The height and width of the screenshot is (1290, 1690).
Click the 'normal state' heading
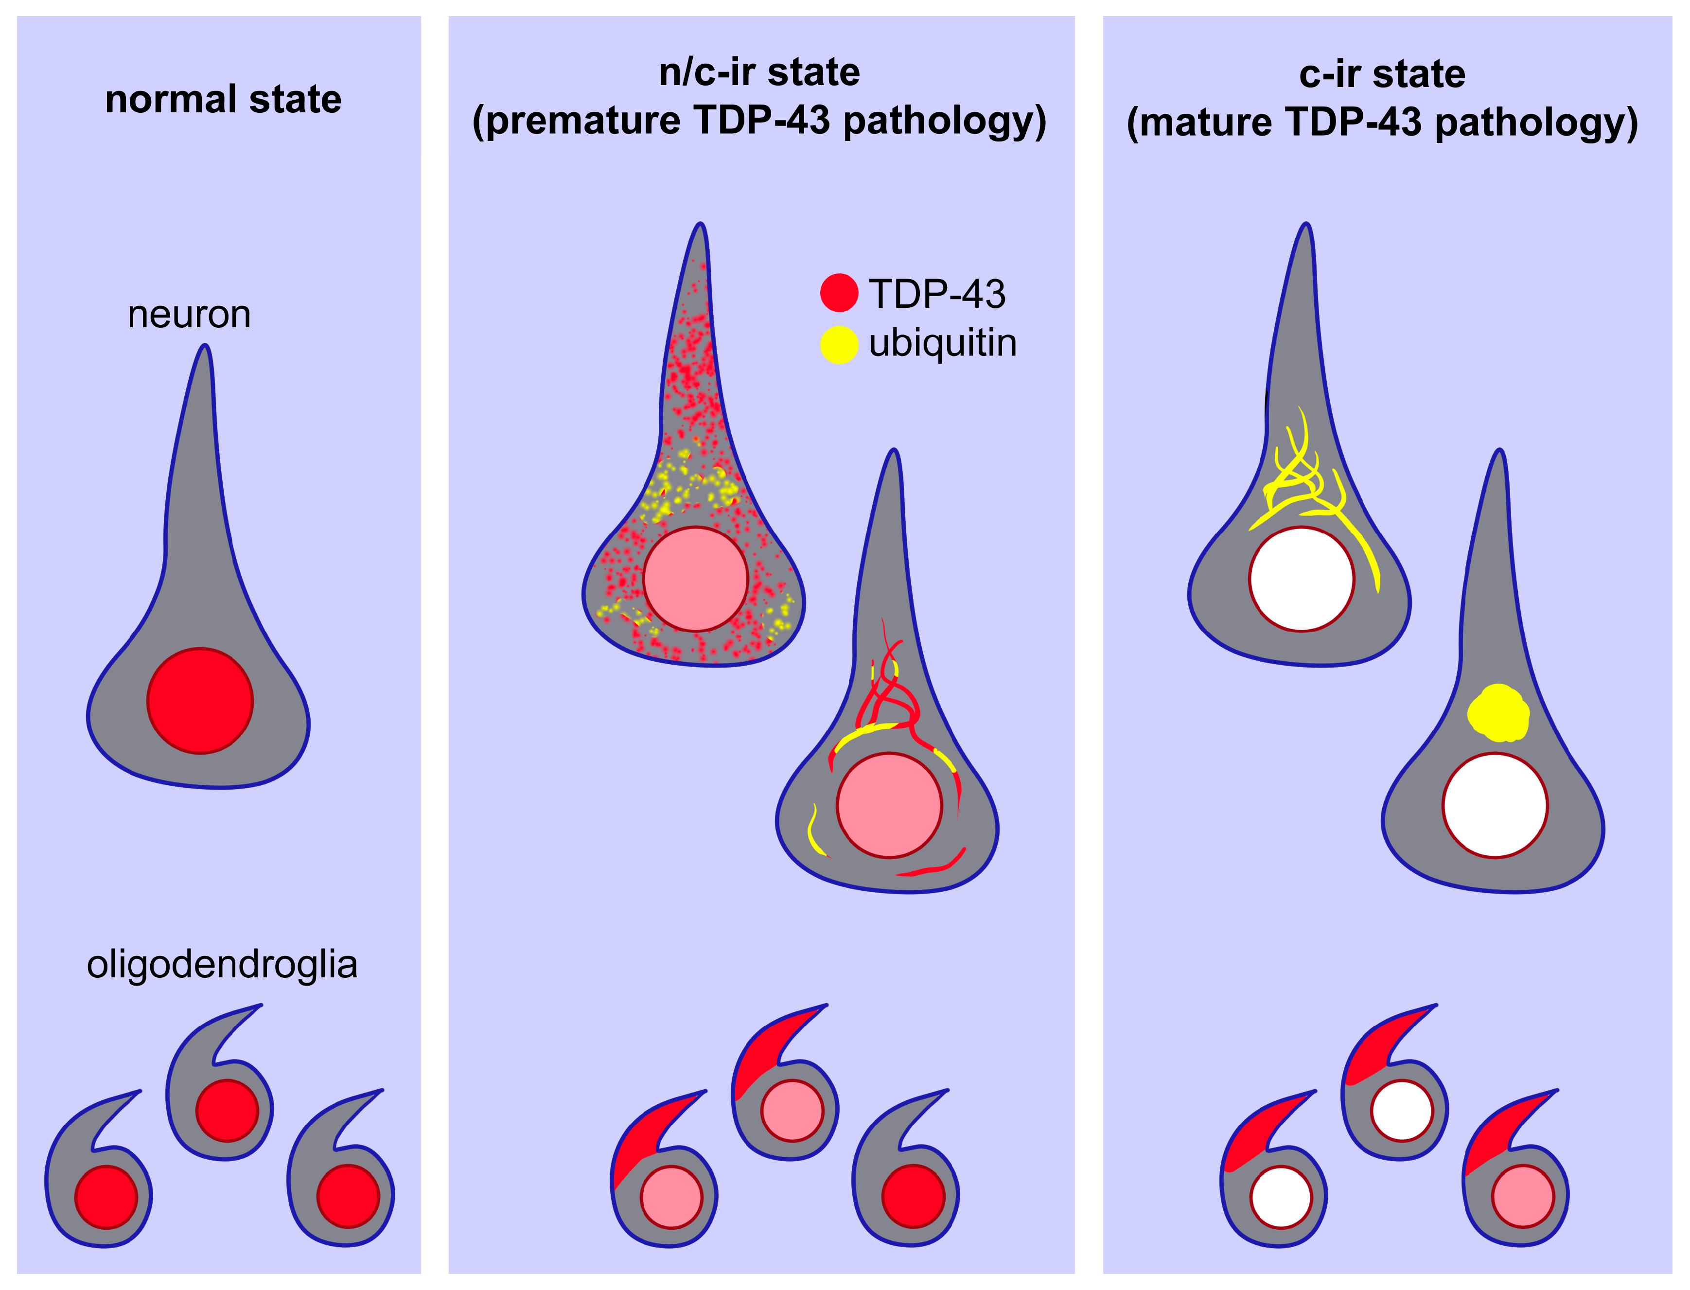click(x=223, y=100)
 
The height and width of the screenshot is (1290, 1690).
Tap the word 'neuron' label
click(x=189, y=315)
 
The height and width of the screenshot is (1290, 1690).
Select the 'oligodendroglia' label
click(x=222, y=964)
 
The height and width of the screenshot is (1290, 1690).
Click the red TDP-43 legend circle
click(x=839, y=293)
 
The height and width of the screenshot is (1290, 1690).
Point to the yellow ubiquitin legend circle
click(x=839, y=344)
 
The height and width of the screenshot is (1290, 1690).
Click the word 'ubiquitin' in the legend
click(x=942, y=343)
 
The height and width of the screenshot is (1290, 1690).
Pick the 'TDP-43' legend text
click(x=937, y=294)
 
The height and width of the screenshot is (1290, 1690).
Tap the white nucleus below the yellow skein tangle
click(x=1302, y=579)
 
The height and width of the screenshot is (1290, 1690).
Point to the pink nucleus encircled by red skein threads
click(x=889, y=805)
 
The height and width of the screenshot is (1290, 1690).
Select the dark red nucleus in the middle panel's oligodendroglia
click(x=913, y=1196)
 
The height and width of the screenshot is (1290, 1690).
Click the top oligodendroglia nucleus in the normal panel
click(x=227, y=1110)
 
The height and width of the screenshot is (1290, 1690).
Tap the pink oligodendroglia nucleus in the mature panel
click(x=1523, y=1196)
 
